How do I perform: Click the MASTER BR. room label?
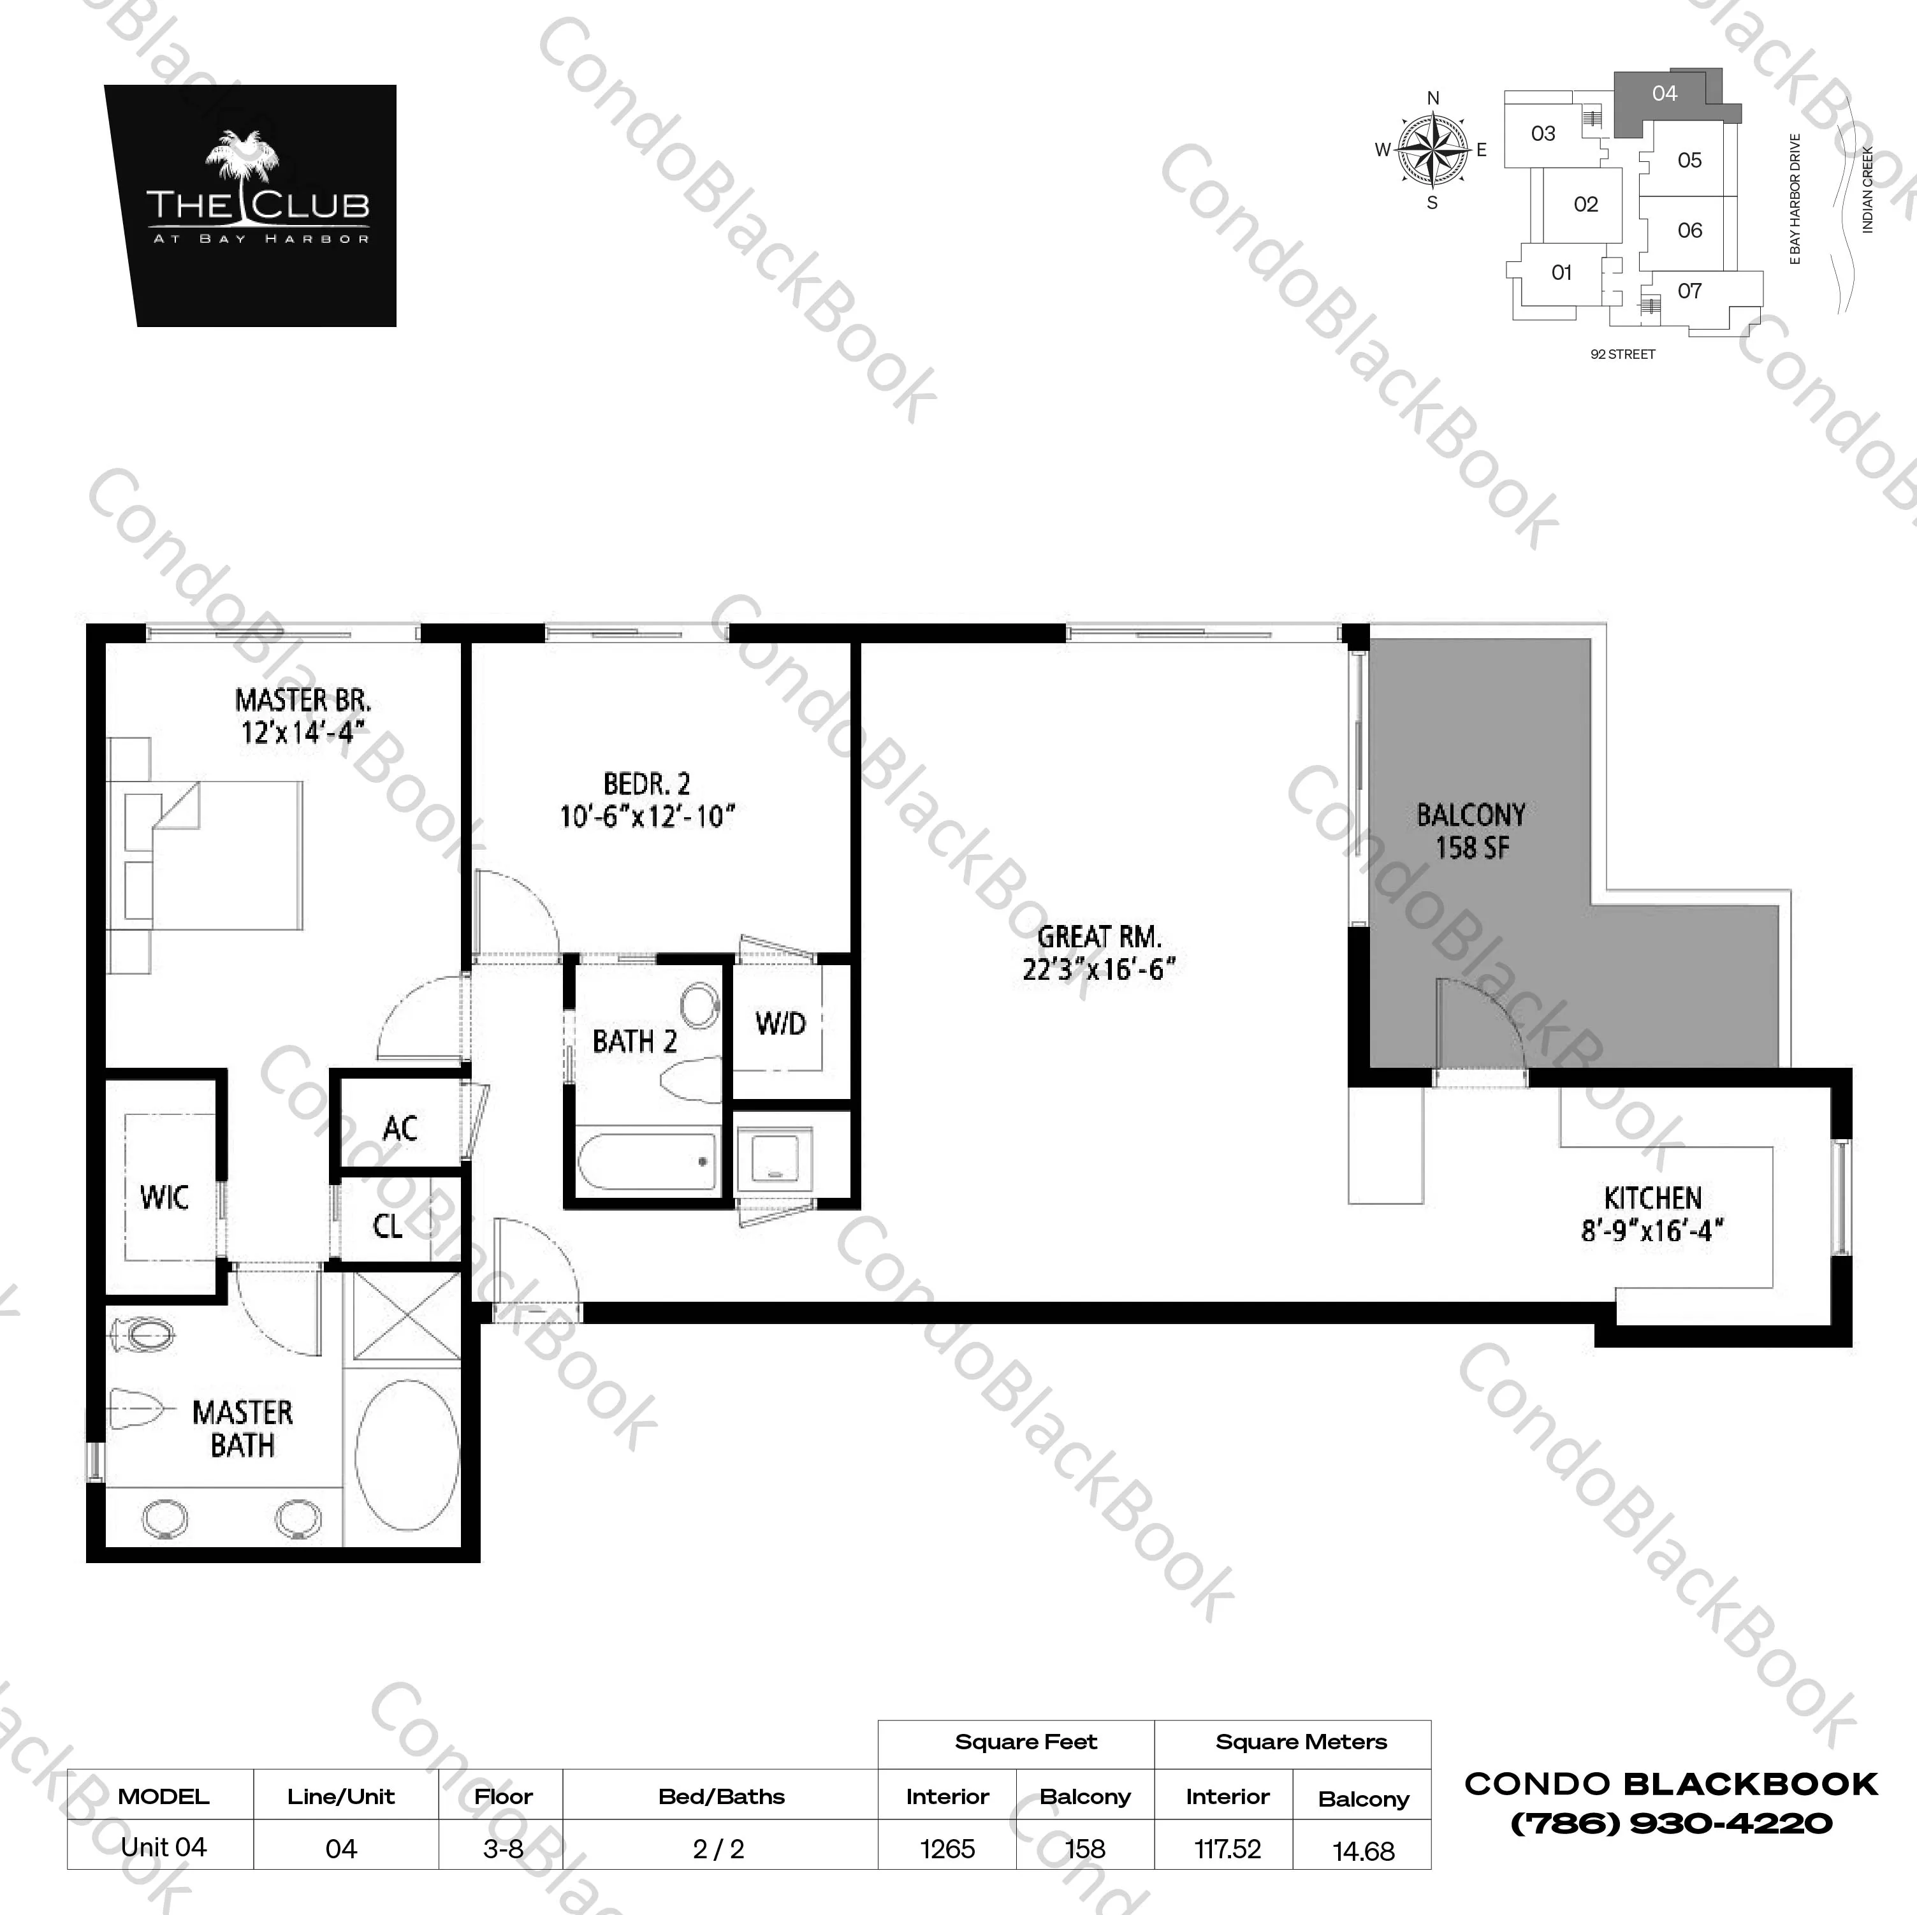pyautogui.click(x=303, y=701)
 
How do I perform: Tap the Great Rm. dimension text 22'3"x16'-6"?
pyautogui.click(x=1098, y=970)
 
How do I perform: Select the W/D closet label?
pyautogui.click(x=780, y=1024)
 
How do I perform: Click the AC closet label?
pyautogui.click(x=400, y=1128)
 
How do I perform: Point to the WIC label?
pyautogui.click(x=164, y=1198)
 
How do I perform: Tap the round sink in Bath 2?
pyautogui.click(x=701, y=1006)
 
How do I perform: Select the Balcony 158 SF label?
pyautogui.click(x=1471, y=831)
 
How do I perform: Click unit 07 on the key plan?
pyautogui.click(x=1690, y=291)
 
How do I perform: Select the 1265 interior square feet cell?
pyautogui.click(x=947, y=1849)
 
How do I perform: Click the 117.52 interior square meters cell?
pyautogui.click(x=1227, y=1849)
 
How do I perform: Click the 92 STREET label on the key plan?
pyautogui.click(x=1622, y=354)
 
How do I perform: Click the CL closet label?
pyautogui.click(x=387, y=1227)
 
